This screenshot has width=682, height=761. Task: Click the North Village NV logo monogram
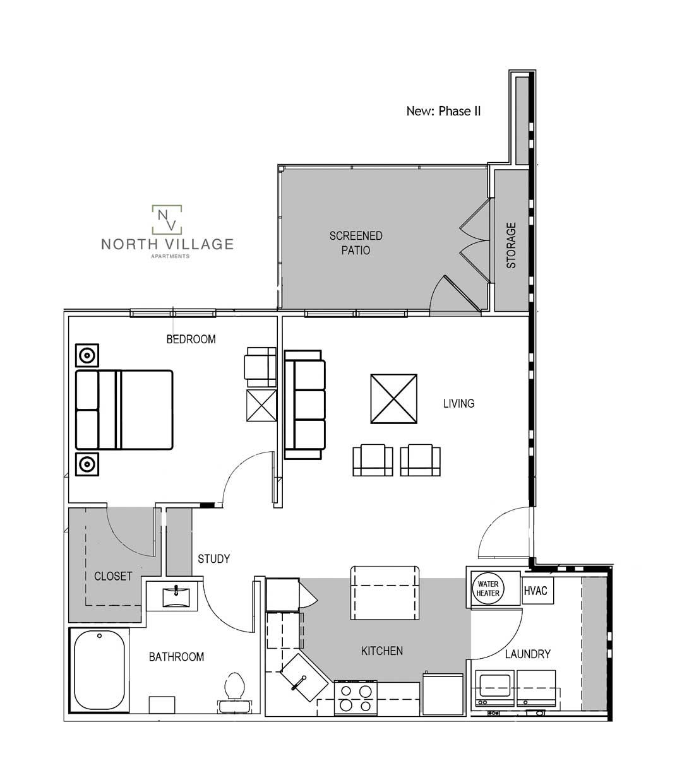point(167,218)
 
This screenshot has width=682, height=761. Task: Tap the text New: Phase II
point(443,111)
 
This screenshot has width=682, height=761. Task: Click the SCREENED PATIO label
point(356,243)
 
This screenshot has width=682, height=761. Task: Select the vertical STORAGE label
point(512,245)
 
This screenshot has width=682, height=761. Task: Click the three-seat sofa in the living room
point(304,404)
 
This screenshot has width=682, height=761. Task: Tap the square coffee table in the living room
point(394,399)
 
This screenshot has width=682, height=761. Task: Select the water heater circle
point(488,589)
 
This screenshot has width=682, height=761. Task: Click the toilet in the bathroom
point(234,688)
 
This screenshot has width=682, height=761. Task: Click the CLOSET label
point(113,576)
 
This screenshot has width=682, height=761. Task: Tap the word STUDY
point(213,558)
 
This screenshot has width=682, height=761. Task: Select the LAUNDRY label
point(527,654)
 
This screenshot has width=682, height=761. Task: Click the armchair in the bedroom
point(260,367)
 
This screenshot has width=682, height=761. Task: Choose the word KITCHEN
point(381,651)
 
